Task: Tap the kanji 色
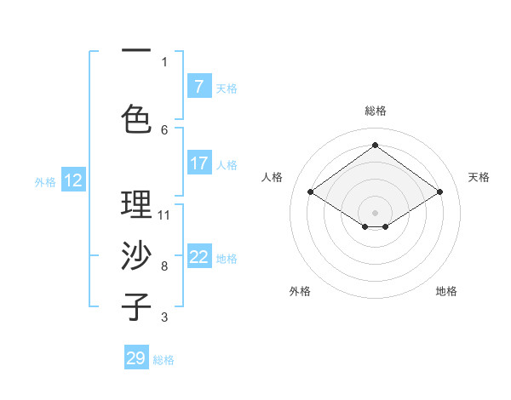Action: click(136, 119)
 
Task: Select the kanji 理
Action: click(136, 205)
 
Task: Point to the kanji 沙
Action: click(136, 255)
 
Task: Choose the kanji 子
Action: click(136, 306)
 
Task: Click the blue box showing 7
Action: click(199, 87)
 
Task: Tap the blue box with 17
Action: click(199, 163)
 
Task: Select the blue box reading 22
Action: click(199, 258)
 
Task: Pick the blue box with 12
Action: click(73, 180)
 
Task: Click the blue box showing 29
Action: click(136, 358)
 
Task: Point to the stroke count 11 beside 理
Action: click(164, 214)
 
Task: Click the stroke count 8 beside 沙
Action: click(164, 266)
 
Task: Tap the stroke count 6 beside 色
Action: click(164, 129)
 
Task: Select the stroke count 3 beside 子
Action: click(164, 317)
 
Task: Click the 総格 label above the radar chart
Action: click(375, 111)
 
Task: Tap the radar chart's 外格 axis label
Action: click(300, 292)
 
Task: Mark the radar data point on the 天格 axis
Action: click(439, 192)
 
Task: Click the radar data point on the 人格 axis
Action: click(310, 192)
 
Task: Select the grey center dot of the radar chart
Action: click(375, 211)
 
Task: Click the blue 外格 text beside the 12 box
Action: click(44, 181)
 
